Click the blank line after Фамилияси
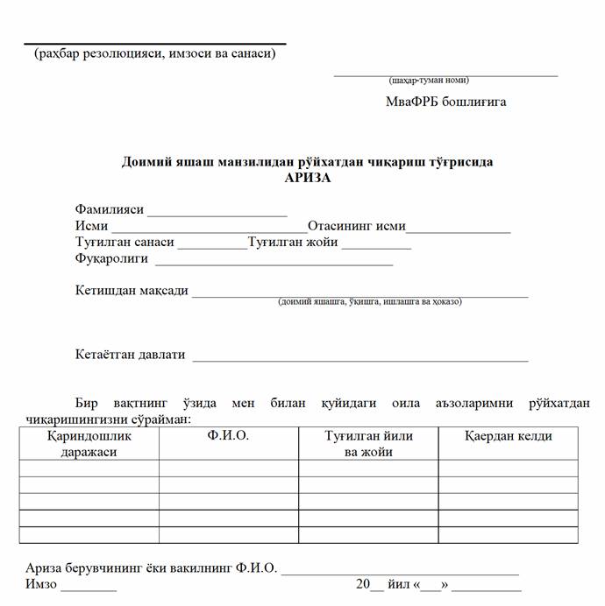tap(217, 215)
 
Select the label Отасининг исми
tap(356, 226)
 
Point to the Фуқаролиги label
tap(111, 259)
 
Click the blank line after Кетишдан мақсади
tap(359, 296)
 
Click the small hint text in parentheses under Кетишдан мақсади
tap(369, 302)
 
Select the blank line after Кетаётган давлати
tap(359, 359)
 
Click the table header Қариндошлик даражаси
tap(89, 443)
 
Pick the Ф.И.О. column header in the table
tap(228, 436)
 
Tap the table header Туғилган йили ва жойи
tap(368, 443)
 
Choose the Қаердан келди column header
tap(508, 436)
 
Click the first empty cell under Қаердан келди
tap(508, 468)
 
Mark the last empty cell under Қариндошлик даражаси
tap(89, 534)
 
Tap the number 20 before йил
tap(363, 584)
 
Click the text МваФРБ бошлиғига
tap(445, 102)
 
